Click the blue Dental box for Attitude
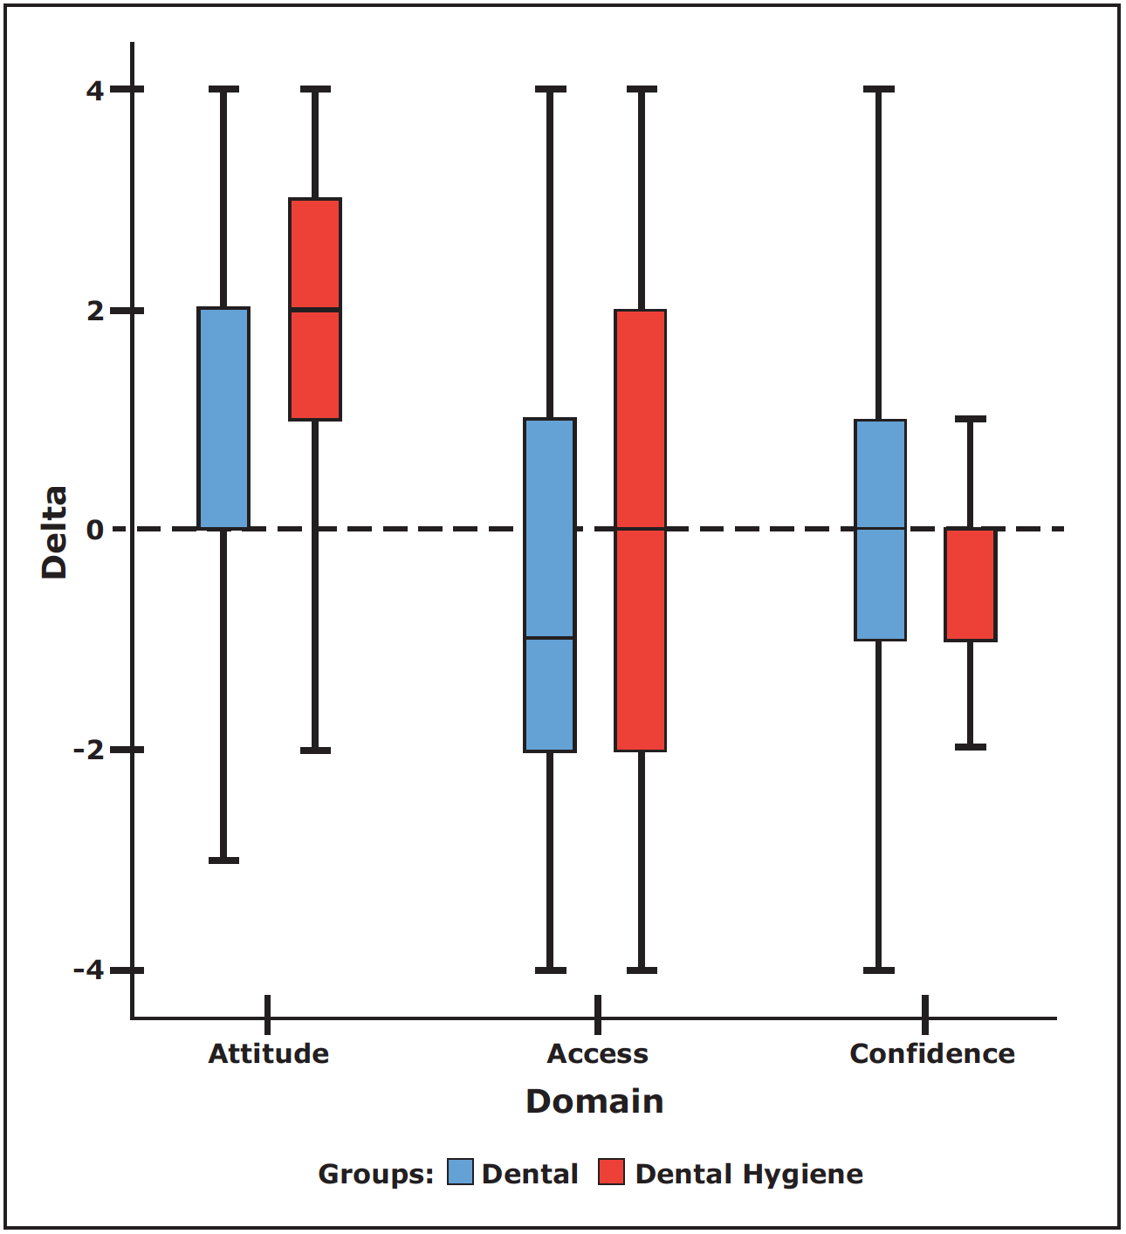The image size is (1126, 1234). [x=224, y=418]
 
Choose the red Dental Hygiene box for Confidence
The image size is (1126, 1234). [x=971, y=585]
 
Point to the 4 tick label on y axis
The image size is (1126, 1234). [x=95, y=90]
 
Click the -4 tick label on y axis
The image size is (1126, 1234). [x=88, y=970]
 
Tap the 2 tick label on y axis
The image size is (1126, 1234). [x=95, y=311]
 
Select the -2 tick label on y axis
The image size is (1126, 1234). [x=88, y=750]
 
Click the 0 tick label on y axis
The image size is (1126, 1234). [x=95, y=530]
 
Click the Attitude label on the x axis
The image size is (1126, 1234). [x=269, y=1053]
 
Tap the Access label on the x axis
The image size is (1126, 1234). [x=598, y=1053]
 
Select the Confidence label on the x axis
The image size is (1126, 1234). [x=932, y=1053]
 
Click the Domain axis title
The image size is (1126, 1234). [x=594, y=1101]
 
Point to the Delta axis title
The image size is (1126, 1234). [x=55, y=532]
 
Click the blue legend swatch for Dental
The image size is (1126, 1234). [x=460, y=1172]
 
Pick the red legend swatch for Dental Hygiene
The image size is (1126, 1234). [x=611, y=1172]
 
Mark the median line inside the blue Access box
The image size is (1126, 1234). [x=550, y=638]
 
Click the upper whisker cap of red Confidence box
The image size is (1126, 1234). [x=971, y=419]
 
